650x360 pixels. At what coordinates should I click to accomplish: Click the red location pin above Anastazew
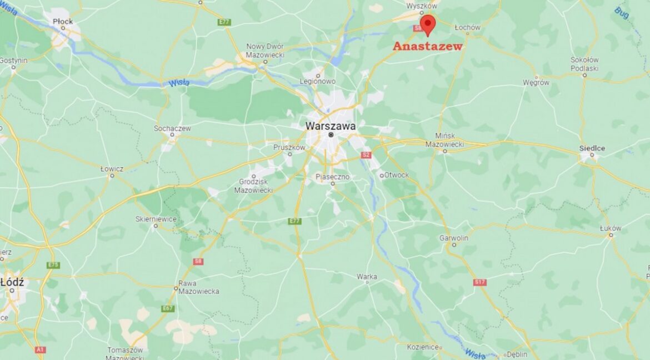pyautogui.click(x=427, y=24)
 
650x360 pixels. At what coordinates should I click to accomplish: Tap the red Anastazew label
pyautogui.click(x=427, y=47)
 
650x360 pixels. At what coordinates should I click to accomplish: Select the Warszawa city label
pyautogui.click(x=330, y=126)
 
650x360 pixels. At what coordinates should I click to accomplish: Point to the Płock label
pyautogui.click(x=63, y=21)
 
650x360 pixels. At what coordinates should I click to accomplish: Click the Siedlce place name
pyautogui.click(x=592, y=148)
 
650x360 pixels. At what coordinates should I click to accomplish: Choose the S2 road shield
pyautogui.click(x=366, y=155)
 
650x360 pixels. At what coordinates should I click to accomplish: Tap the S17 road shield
pyautogui.click(x=480, y=282)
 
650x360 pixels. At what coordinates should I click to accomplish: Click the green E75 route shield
pyautogui.click(x=53, y=265)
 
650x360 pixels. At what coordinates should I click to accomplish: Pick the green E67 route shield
pyautogui.click(x=168, y=308)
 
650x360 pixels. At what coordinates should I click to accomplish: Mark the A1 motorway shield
pyautogui.click(x=39, y=349)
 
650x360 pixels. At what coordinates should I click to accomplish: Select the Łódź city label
pyautogui.click(x=12, y=282)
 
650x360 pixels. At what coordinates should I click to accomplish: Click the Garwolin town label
pyautogui.click(x=454, y=238)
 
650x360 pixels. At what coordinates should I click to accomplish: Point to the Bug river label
pyautogui.click(x=622, y=12)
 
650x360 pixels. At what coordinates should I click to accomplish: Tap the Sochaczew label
pyautogui.click(x=172, y=128)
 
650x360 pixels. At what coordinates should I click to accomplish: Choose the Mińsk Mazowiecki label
pyautogui.click(x=444, y=139)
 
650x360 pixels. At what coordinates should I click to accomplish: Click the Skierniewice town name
pyautogui.click(x=156, y=219)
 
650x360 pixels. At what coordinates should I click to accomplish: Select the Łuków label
pyautogui.click(x=611, y=228)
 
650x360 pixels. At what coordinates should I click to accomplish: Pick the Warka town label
pyautogui.click(x=367, y=276)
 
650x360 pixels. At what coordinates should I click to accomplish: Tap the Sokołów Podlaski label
pyautogui.click(x=584, y=64)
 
